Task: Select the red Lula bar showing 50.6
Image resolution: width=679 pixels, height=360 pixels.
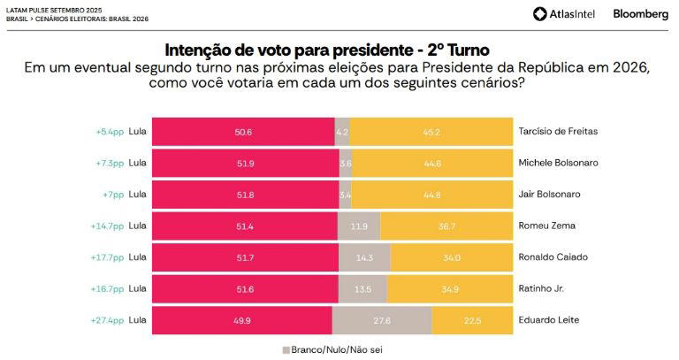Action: [243, 132]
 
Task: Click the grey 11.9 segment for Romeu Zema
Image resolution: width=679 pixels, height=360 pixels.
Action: [360, 226]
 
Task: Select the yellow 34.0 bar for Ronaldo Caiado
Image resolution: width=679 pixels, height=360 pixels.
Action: [451, 257]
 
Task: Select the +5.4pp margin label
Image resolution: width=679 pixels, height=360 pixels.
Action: [110, 132]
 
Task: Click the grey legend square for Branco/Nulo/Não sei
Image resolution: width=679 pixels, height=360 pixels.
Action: [286, 349]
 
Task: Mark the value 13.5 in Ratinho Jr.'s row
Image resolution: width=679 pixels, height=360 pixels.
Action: [362, 289]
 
